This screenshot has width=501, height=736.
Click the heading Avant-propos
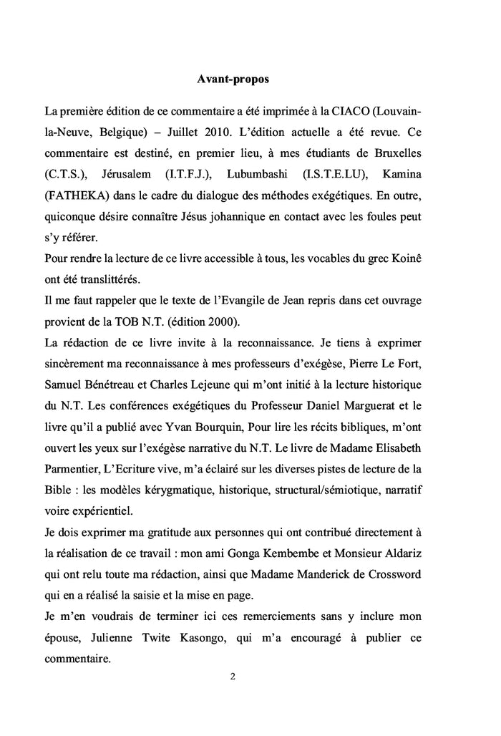tap(233, 79)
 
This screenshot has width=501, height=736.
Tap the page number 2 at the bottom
tap(233, 677)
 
